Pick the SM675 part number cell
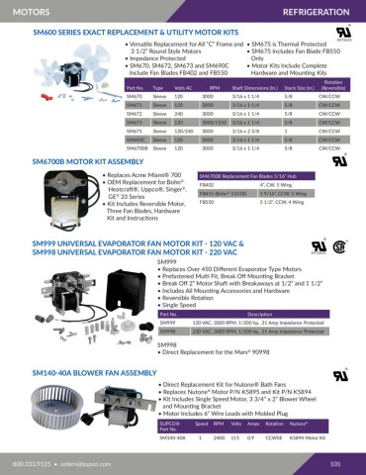click(136, 130)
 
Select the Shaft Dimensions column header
click(260, 88)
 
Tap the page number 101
click(335, 462)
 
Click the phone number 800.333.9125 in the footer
click(31, 462)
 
